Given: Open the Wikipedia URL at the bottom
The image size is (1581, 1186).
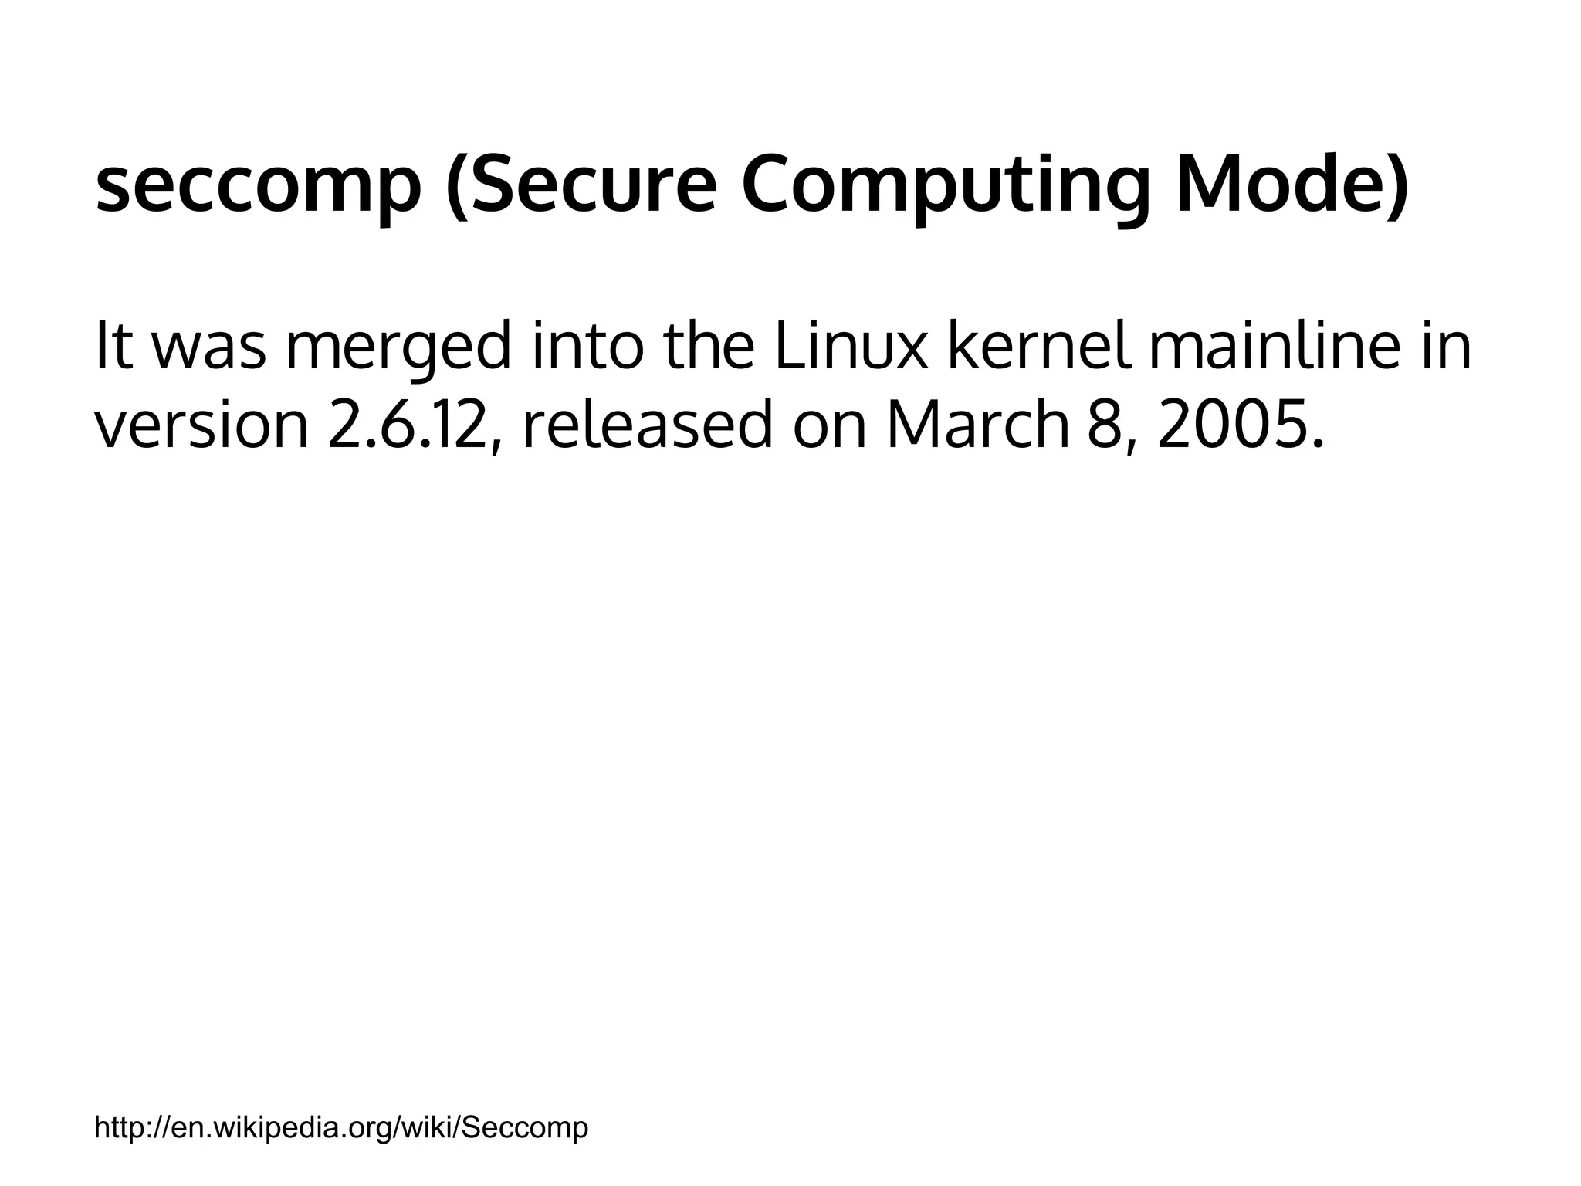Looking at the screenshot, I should click(x=341, y=1127).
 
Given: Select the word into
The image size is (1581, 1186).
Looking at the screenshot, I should click(x=588, y=345).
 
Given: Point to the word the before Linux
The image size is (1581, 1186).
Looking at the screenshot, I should click(x=709, y=345).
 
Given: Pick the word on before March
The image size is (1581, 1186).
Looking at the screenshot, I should click(x=830, y=426).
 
